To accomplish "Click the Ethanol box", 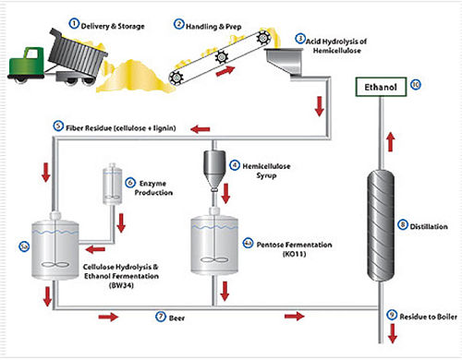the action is (381, 87).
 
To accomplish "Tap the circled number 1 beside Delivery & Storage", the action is (74, 23).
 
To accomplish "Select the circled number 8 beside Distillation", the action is (402, 225).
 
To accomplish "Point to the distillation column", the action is (381, 225).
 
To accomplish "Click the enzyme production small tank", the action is (112, 184).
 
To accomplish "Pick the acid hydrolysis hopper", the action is (284, 64).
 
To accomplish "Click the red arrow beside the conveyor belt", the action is (225, 71).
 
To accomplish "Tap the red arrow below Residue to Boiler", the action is (393, 334).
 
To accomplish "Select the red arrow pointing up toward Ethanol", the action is (391, 142).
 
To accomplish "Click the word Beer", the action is (176, 318).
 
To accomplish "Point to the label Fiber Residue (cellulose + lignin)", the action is (121, 128).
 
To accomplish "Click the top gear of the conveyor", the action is (262, 38).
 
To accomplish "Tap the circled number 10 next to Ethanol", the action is (416, 85).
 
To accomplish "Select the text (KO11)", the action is (294, 254).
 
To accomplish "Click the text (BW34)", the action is (121, 285).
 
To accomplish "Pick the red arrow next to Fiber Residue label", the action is (201, 129).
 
